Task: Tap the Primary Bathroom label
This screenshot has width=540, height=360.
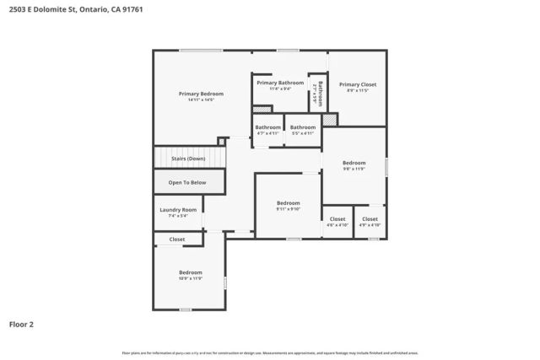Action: click(x=279, y=83)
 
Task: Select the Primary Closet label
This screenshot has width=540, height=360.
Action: click(x=358, y=84)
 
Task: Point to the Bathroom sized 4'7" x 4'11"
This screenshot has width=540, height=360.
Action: click(x=267, y=127)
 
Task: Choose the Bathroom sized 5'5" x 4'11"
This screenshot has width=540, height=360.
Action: click(x=303, y=127)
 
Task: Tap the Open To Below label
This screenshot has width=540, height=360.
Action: click(x=187, y=182)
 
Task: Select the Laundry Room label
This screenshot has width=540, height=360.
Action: click(x=178, y=210)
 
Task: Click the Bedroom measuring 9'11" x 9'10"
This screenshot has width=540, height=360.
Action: click(x=289, y=203)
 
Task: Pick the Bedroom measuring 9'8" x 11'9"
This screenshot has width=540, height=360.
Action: click(x=354, y=163)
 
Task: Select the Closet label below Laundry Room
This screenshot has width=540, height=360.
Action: click(x=177, y=239)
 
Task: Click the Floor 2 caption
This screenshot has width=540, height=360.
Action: click(x=21, y=323)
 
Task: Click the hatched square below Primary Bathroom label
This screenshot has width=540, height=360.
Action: click(x=263, y=109)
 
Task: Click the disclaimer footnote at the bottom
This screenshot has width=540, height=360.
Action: click(x=270, y=352)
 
